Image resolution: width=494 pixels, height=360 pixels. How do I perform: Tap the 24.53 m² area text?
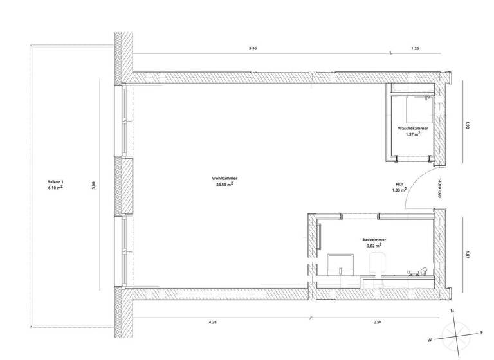(224, 184)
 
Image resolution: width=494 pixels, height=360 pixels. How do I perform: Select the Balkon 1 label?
(55, 182)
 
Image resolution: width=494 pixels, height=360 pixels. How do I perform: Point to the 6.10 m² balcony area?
(55, 188)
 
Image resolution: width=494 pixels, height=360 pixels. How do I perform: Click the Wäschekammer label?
(413, 128)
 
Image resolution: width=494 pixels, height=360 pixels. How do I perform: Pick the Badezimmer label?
(374, 239)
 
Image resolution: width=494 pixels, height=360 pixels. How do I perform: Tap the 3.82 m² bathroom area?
(374, 245)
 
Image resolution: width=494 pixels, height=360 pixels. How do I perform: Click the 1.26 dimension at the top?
(415, 49)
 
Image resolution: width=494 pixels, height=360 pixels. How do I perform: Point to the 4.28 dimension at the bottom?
(213, 321)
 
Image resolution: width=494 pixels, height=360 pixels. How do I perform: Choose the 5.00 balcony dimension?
(94, 185)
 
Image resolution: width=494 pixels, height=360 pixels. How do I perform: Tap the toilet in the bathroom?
(376, 264)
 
